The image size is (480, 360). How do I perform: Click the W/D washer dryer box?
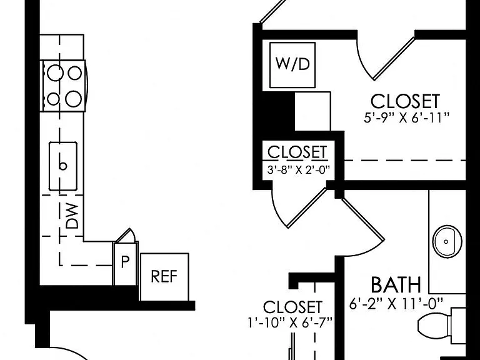(292, 65)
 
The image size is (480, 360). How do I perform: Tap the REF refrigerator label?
(164, 276)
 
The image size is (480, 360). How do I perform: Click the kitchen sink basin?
(63, 166)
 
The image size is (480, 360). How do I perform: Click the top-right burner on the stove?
(75, 73)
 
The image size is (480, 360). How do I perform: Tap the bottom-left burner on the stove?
(54, 99)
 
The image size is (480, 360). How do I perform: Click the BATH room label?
(396, 285)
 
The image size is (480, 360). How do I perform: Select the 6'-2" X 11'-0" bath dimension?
(396, 304)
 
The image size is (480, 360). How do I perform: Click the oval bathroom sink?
(447, 241)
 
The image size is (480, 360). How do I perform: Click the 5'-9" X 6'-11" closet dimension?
(406, 118)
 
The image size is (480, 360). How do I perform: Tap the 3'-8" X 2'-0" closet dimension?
(299, 169)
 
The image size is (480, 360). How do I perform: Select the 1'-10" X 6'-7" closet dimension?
(290, 322)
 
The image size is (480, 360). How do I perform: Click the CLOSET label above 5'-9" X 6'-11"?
(405, 101)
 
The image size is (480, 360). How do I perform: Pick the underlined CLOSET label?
(297, 152)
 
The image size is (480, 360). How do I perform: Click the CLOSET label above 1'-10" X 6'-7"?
(292, 307)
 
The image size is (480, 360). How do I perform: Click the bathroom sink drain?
(446, 241)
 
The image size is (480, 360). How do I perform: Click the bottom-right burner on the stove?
(74, 99)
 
